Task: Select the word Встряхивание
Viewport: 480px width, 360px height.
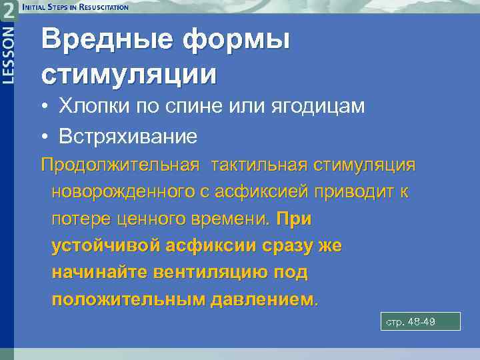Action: click(x=128, y=137)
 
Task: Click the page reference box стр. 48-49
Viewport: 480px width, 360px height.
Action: click(x=420, y=322)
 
